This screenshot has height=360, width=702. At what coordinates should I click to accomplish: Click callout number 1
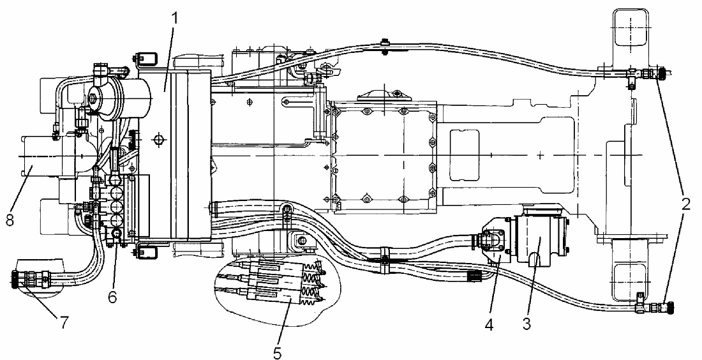tap(175, 19)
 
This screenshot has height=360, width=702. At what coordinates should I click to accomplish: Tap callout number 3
tap(527, 324)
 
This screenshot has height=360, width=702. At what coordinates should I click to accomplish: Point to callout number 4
tap(489, 324)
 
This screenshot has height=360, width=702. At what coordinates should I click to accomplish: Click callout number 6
tap(112, 296)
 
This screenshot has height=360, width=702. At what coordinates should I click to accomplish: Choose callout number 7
tap(64, 322)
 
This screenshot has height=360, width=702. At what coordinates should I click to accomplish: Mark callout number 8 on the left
tap(10, 220)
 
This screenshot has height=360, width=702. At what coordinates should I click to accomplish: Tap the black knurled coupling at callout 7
tap(15, 280)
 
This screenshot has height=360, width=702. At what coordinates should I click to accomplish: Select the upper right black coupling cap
tap(662, 73)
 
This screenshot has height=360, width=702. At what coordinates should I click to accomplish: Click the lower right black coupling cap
tap(670, 308)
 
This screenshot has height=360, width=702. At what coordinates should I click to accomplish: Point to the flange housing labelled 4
tap(496, 239)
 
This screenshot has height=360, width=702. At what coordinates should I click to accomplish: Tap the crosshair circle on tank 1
tap(158, 140)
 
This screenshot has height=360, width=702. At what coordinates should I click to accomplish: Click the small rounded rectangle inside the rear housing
tap(464, 153)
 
